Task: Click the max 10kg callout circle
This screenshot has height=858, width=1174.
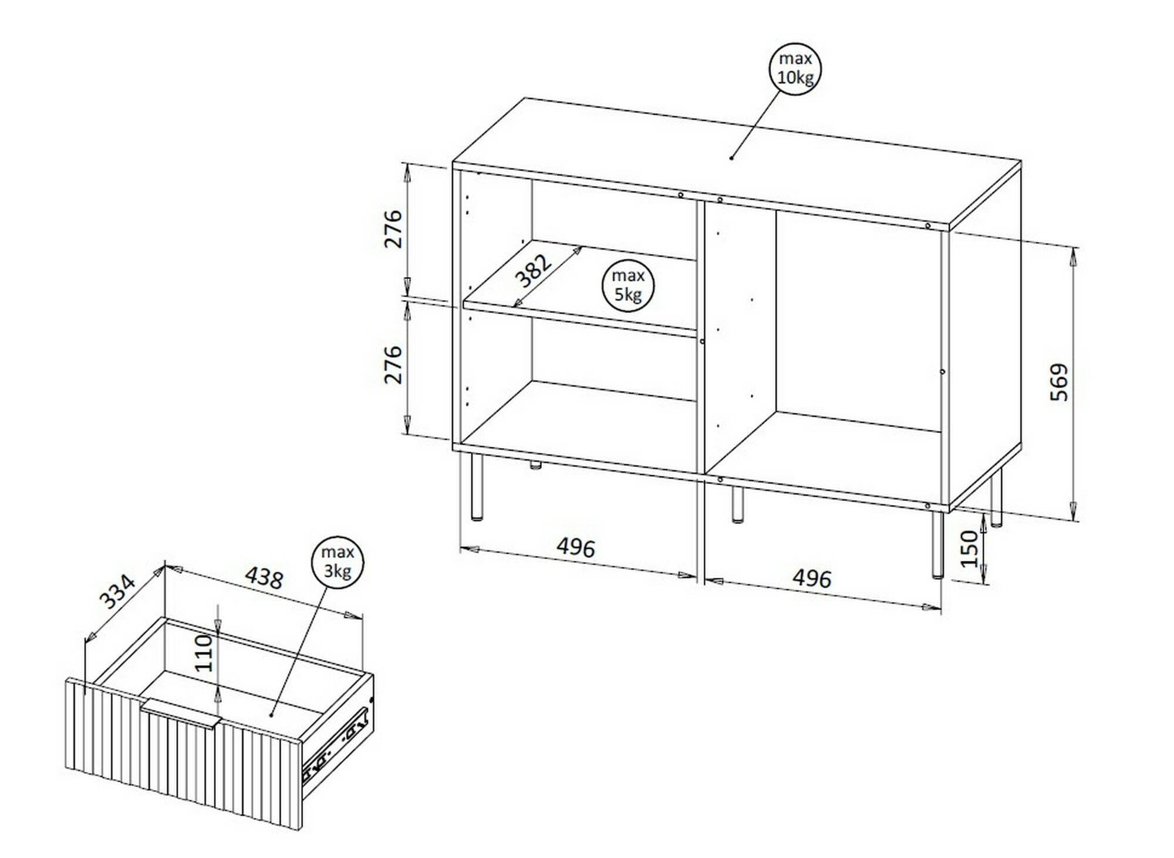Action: click(795, 69)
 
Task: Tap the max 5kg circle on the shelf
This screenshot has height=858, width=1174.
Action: click(628, 285)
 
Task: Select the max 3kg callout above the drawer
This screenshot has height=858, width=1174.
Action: click(337, 562)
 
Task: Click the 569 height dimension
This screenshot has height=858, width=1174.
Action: click(1060, 382)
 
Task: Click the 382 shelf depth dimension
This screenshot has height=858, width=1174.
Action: click(534, 270)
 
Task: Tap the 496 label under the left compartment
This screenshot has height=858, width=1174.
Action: click(576, 547)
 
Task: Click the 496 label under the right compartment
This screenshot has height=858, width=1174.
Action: click(812, 578)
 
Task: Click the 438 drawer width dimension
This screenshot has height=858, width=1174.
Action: click(264, 578)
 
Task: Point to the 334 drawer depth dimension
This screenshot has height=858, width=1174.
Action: click(117, 591)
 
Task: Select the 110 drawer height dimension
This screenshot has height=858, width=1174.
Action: click(204, 652)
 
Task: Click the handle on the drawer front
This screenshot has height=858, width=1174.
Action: click(180, 714)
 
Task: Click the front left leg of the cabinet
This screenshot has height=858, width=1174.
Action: click(477, 487)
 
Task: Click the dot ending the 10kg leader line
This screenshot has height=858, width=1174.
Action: click(731, 157)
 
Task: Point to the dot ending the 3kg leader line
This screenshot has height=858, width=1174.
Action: click(271, 715)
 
